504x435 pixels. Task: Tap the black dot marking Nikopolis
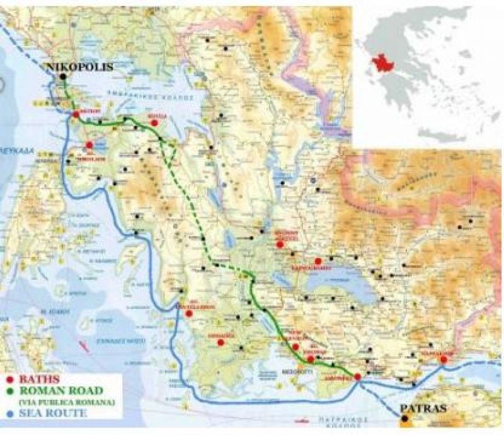point(63,77)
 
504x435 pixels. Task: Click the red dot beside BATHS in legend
point(8,380)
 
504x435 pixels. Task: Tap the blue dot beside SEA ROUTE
point(8,414)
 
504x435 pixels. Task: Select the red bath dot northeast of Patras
point(444,359)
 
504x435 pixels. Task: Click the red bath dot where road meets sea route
point(357,377)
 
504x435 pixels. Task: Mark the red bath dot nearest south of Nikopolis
point(76,114)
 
